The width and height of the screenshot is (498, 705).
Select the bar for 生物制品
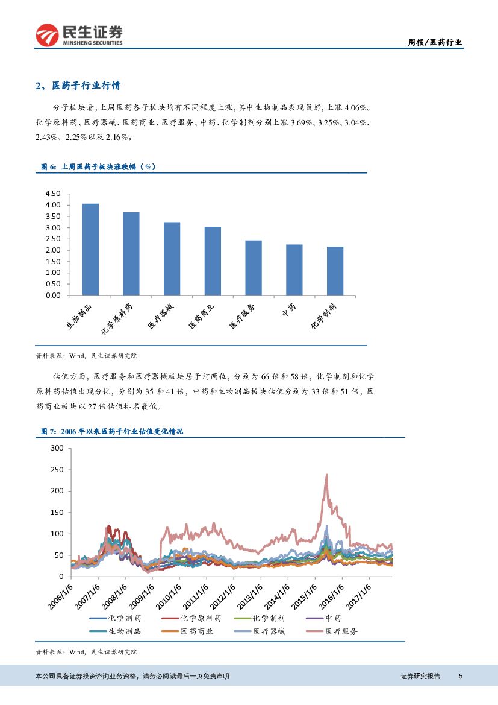click(90, 250)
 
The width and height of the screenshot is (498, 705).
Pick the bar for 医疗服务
click(254, 268)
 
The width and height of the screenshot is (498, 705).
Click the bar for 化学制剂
click(335, 271)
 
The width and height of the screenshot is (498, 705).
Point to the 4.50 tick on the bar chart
click(53, 194)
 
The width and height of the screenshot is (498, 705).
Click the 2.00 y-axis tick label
click(53, 250)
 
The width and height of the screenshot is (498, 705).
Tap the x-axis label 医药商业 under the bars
click(201, 315)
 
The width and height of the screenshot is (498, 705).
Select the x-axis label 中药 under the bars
click(288, 310)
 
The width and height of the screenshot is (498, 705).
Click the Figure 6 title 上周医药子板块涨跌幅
click(96, 166)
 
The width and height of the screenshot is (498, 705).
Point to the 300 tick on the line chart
click(57, 448)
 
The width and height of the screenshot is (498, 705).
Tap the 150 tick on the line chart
click(57, 512)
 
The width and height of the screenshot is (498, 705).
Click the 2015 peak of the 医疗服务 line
click(326, 475)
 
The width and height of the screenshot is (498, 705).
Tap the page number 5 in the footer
click(460, 677)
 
